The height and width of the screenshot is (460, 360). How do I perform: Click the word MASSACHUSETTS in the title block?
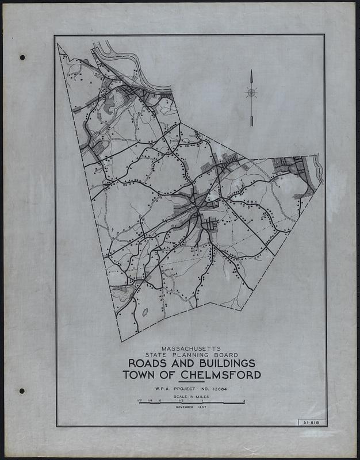pyautogui.click(x=191, y=348)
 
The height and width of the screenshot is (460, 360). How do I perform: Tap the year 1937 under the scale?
pyautogui.click(x=201, y=408)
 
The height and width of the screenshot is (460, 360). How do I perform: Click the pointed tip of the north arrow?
pyautogui.click(x=251, y=70)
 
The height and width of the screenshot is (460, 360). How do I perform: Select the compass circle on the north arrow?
pyautogui.click(x=251, y=92)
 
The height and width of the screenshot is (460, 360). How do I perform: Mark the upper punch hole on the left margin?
pyautogui.click(x=22, y=57)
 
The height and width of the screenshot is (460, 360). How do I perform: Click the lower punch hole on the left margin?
pyautogui.click(x=21, y=391)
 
